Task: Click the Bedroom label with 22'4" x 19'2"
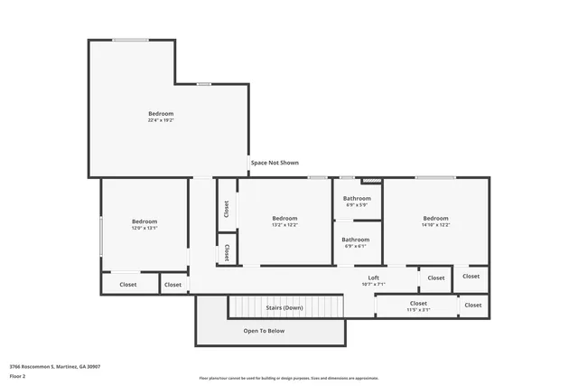pos(161,114)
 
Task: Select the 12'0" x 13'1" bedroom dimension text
pos(144,228)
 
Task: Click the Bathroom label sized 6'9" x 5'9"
pos(356,198)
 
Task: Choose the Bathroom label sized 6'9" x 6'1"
pos(356,240)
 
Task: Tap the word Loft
pos(373,278)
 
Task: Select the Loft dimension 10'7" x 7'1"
pos(373,284)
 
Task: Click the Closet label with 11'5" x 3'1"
pos(418,304)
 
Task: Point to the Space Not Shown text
pos(275,163)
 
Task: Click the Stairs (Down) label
pos(284,308)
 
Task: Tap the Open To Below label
pos(264,331)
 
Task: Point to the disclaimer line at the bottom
pos(289,378)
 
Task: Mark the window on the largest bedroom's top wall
pos(131,40)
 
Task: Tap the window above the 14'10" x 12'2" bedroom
pos(435,177)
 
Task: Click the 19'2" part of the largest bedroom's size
pos(167,120)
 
